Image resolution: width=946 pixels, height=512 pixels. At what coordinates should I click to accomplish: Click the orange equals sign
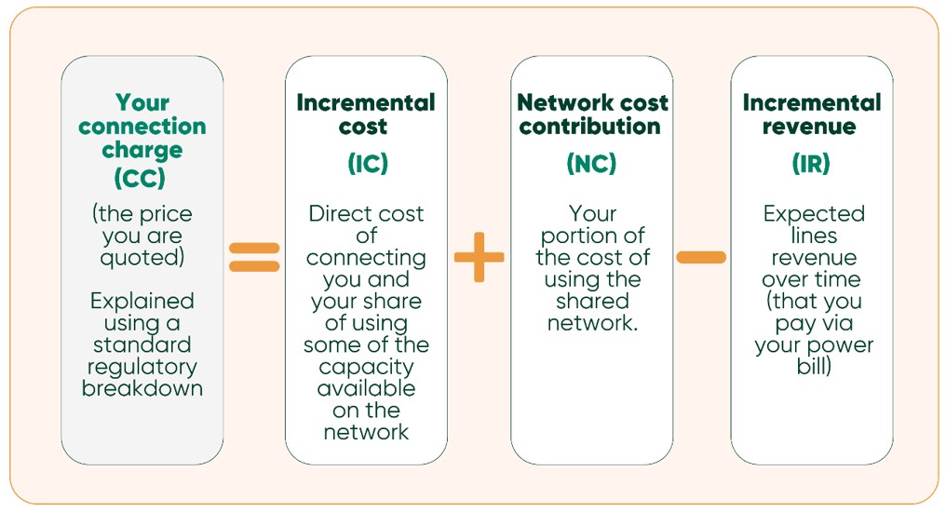tap(254, 257)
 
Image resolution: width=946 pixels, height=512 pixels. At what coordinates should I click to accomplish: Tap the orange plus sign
tap(479, 257)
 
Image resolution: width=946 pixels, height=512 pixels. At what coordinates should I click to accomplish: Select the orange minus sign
tap(701, 257)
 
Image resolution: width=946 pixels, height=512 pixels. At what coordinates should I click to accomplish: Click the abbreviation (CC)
tap(142, 175)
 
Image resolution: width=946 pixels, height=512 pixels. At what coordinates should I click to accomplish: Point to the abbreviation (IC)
tap(367, 164)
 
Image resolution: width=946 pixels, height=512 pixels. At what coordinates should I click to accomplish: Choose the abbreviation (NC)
tap(591, 164)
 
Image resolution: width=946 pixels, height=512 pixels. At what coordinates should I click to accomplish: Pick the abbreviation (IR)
tap(812, 164)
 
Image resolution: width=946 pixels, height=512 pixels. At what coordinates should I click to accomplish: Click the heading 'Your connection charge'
tap(142, 126)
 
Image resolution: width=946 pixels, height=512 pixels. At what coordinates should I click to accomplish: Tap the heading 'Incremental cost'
tap(365, 115)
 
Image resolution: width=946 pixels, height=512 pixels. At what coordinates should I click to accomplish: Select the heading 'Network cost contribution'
tap(592, 115)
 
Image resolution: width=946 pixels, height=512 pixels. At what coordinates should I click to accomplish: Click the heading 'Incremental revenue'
tap(812, 115)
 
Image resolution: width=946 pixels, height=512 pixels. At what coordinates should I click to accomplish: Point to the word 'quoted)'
tap(142, 258)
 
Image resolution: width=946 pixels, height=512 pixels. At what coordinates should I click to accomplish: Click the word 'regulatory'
tap(142, 367)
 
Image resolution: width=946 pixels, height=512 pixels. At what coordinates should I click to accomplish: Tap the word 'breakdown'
tap(142, 388)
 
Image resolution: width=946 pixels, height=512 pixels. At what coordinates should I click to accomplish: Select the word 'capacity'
tap(366, 367)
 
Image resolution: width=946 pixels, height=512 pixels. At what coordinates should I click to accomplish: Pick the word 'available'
tap(366, 388)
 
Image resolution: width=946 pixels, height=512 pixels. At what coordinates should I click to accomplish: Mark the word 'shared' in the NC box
tap(592, 301)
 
